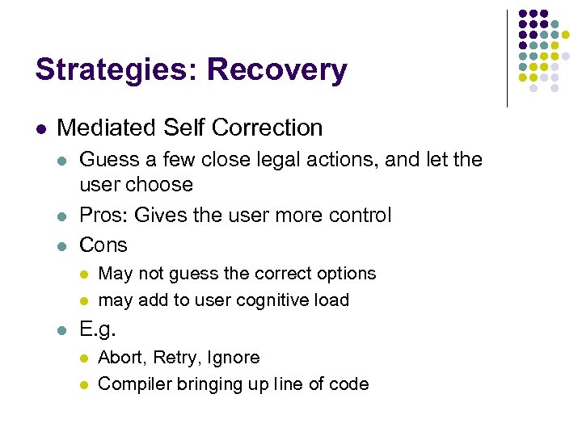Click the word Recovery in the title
tap(277, 70)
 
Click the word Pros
tap(102, 215)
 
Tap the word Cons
tap(103, 245)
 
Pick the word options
tap(344, 274)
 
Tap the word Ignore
tap(233, 358)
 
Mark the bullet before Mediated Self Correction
tap(40, 128)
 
